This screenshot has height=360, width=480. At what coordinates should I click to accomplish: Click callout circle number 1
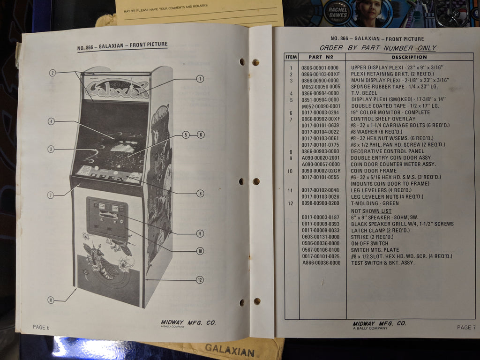200,79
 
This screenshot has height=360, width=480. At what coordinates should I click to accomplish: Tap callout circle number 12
200,280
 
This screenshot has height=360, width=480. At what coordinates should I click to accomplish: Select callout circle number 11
51,300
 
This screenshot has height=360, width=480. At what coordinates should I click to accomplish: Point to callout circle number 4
52,121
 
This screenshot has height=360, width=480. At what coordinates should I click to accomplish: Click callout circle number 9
200,233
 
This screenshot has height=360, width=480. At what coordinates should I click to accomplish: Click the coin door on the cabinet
107,218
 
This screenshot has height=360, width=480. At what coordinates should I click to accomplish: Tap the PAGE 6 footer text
41,327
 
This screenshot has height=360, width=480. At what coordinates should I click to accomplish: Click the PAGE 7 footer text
466,327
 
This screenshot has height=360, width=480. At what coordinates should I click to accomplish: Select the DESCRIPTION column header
409,57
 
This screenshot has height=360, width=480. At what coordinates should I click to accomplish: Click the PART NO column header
321,57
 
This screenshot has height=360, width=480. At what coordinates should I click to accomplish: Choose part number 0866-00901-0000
320,68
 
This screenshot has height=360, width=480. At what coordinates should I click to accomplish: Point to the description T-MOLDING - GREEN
375,203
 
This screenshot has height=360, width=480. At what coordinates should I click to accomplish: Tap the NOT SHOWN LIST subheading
371,211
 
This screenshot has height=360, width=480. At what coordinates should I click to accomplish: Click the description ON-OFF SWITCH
369,243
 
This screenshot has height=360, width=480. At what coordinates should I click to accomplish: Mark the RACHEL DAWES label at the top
338,12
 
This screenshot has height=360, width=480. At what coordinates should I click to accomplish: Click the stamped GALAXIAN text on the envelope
230,349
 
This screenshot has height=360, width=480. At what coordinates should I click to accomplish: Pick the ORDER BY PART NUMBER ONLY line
378,48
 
